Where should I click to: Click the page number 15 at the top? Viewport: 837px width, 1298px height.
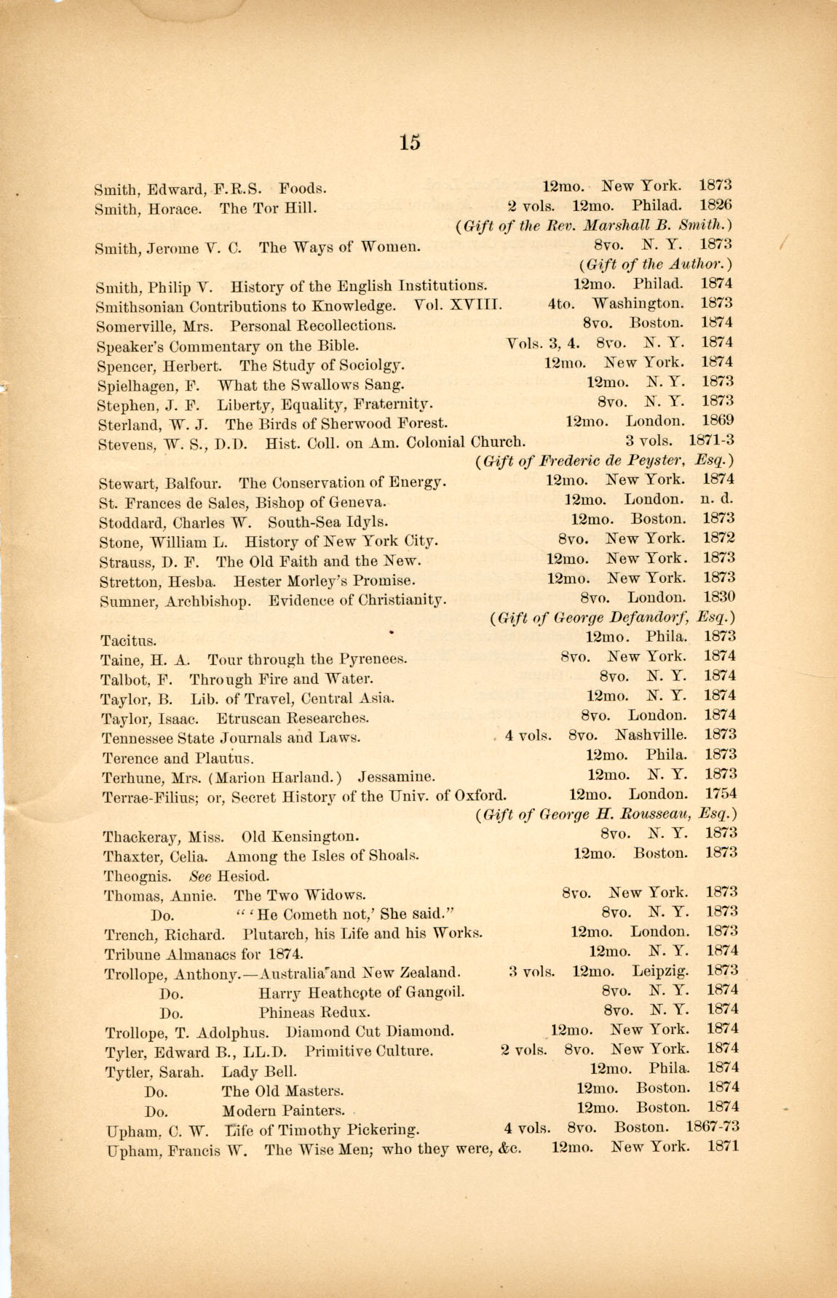(410, 142)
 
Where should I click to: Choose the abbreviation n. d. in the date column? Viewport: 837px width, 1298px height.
(717, 499)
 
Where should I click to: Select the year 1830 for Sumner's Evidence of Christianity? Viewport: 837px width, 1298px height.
(718, 597)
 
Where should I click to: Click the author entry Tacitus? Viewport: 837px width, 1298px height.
(128, 641)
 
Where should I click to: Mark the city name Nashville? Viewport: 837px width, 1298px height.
(651, 735)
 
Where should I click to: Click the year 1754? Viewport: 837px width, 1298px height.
(720, 794)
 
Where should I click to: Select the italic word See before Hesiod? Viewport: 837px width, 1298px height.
(200, 876)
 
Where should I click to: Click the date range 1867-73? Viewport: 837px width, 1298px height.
(713, 1127)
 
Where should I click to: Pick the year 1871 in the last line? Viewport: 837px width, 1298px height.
(723, 1147)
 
